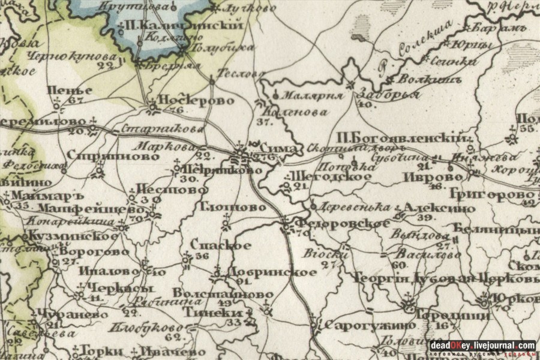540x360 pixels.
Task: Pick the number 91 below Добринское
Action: (242, 281)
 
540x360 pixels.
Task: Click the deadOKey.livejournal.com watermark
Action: (482, 346)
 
